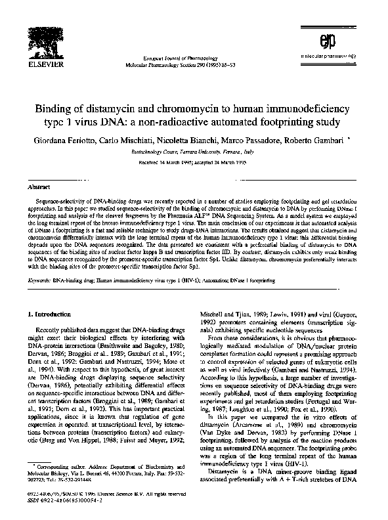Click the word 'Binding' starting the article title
77,108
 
